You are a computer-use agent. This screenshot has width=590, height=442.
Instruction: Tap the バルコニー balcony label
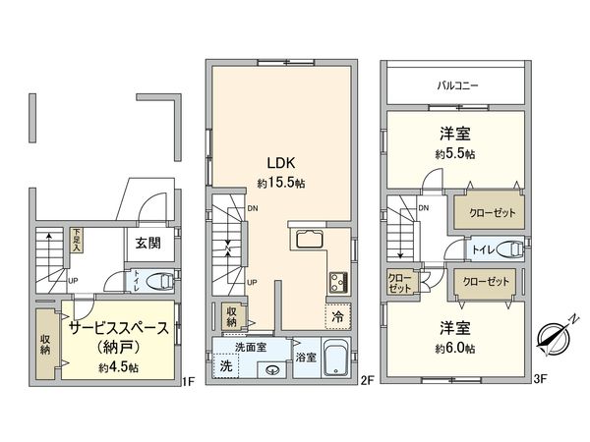457,85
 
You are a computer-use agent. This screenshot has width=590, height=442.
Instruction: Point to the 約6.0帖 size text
456,348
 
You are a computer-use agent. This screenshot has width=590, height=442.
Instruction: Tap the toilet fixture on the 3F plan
509,248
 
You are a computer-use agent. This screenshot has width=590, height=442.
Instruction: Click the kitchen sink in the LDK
307,241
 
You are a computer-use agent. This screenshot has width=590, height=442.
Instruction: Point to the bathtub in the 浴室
334,356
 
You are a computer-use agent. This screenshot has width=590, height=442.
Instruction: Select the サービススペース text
117,328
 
